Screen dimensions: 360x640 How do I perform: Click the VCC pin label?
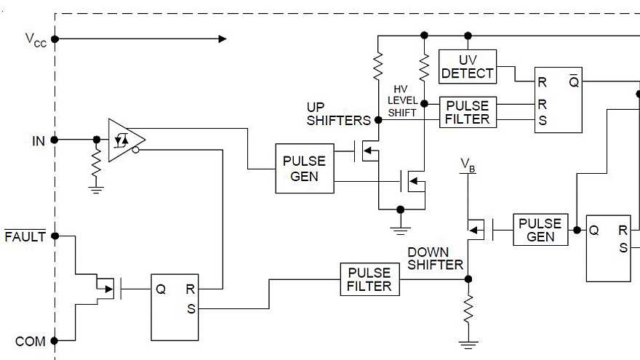[x=36, y=40]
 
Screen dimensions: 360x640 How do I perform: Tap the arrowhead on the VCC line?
[x=222, y=39]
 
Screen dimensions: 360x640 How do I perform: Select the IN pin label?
[x=39, y=140]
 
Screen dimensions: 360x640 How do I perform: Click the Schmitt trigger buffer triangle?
[x=125, y=139]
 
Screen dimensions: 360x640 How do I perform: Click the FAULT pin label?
[x=25, y=236]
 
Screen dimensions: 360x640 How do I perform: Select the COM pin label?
[x=30, y=341]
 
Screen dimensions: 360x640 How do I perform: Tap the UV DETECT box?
[x=467, y=66]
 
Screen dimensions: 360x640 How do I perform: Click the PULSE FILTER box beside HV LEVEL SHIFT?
[x=468, y=112]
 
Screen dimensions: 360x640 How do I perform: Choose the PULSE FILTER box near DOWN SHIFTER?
[x=369, y=279]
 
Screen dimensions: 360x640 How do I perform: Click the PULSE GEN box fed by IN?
[x=305, y=169]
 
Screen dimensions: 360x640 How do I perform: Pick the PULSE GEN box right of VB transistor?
[x=540, y=230]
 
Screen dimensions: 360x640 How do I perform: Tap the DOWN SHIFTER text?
[x=435, y=259]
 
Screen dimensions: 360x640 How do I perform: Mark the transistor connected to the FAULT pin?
[x=105, y=289]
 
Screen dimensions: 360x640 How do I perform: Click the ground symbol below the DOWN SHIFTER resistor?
[x=468, y=343]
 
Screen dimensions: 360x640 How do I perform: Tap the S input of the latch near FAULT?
[x=191, y=308]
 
